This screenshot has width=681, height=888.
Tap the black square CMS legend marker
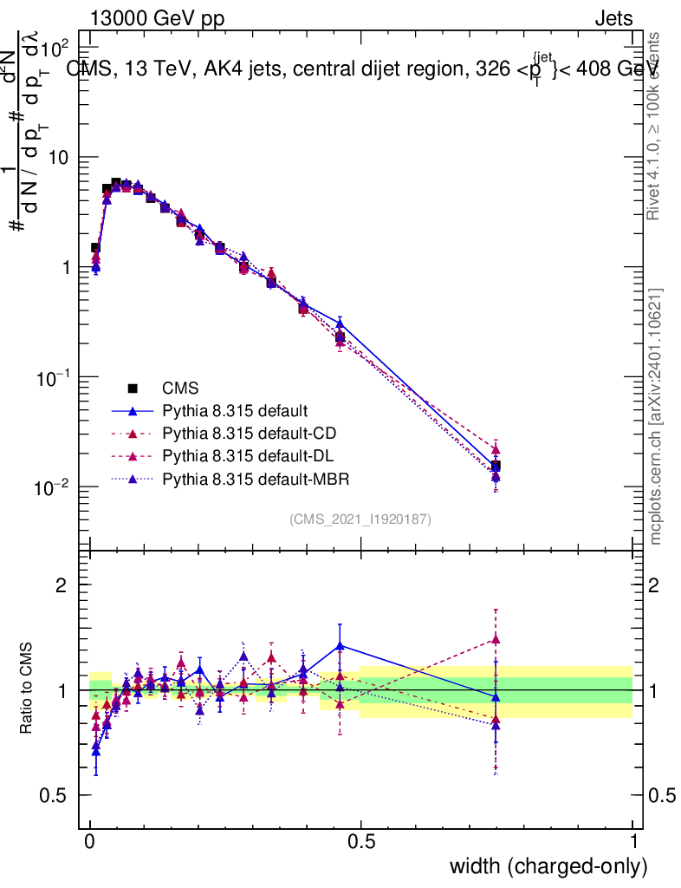tap(133, 388)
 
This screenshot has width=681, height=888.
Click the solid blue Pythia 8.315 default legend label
tap(235, 410)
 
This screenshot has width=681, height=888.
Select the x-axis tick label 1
tap(632, 842)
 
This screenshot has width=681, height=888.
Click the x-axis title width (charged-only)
tap(548, 866)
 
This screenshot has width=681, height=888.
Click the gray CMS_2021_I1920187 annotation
tap(360, 519)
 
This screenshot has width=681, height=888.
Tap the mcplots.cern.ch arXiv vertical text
tap(656, 416)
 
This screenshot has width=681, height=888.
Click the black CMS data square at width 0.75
tap(496, 467)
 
